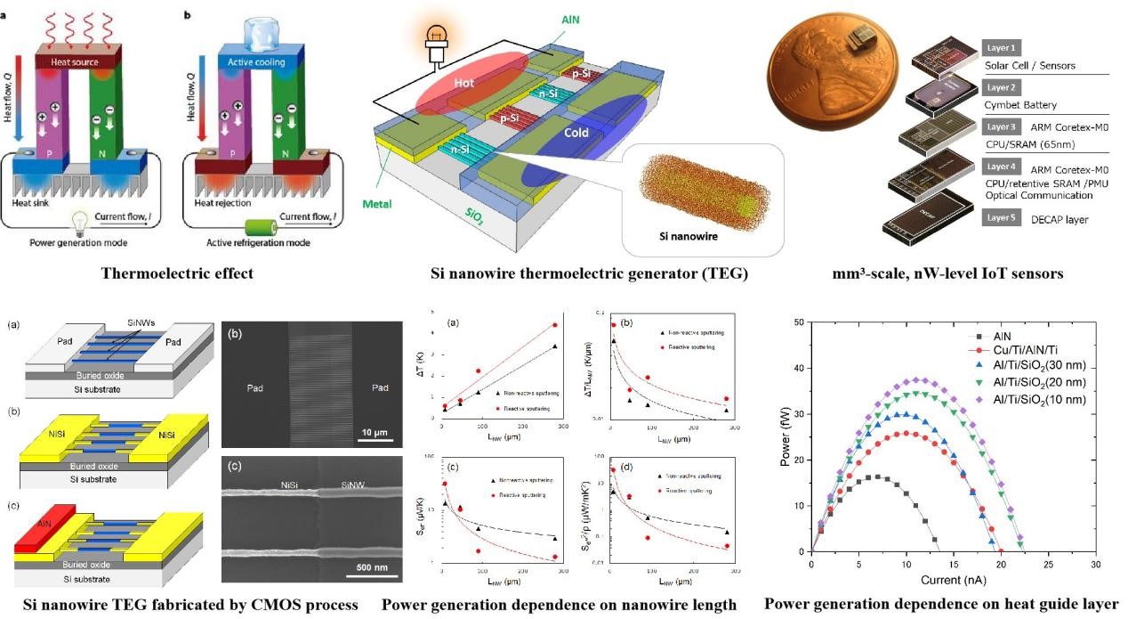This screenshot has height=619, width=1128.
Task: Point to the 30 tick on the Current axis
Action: coord(1095,565)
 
